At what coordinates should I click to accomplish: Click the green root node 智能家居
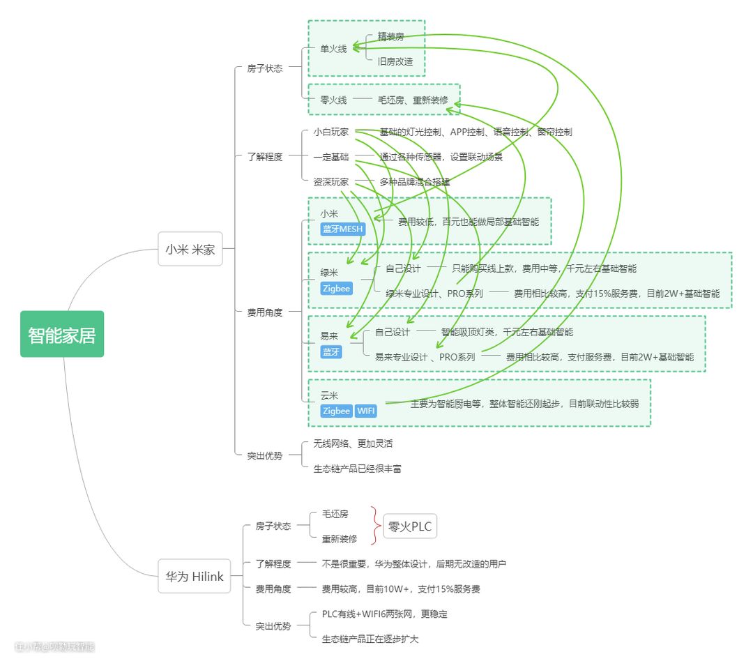(62, 334)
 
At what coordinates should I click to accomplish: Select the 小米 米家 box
(190, 249)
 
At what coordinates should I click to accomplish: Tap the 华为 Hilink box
(194, 576)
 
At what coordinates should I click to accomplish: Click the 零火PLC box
(410, 526)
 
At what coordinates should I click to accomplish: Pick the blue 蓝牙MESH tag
(342, 229)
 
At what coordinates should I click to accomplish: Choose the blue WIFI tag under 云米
(366, 411)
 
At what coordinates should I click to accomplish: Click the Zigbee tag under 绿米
(336, 288)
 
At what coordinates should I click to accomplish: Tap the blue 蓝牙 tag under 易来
(331, 352)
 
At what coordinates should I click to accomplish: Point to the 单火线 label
(333, 49)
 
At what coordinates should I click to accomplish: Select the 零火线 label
(333, 100)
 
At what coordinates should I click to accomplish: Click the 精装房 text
(390, 36)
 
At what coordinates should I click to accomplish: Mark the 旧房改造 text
(395, 61)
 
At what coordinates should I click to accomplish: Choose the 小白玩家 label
(331, 131)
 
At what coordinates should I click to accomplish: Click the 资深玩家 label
(331, 182)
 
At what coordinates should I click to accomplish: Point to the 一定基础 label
(331, 157)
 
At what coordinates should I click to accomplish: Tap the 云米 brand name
(329, 395)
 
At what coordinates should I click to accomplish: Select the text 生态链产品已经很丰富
(357, 469)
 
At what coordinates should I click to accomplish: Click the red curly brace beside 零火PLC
(375, 526)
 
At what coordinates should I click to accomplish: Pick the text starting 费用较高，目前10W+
(400, 589)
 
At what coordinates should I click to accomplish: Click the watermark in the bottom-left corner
(54, 646)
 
